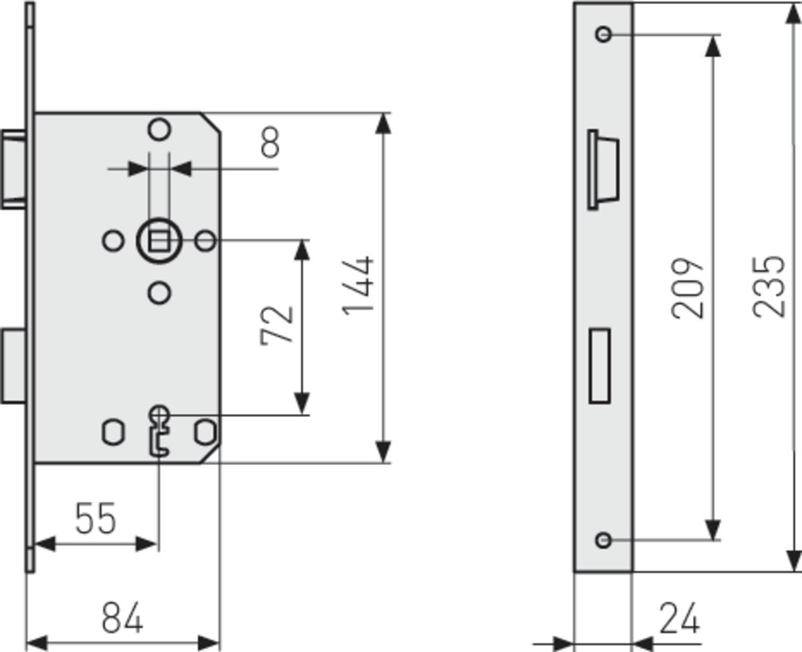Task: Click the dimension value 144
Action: click(358, 285)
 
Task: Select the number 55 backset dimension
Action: click(95, 519)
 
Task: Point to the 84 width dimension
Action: click(122, 618)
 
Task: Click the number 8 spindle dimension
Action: click(270, 142)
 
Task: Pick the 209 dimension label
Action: click(687, 289)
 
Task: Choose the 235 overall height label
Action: click(768, 286)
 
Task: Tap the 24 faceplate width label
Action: click(679, 618)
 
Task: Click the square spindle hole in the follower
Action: click(159, 241)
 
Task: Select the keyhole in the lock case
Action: click(160, 430)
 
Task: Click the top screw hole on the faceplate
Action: click(604, 34)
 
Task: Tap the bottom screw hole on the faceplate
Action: click(604, 540)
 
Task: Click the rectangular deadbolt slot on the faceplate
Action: click(599, 366)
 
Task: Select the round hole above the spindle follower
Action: click(160, 129)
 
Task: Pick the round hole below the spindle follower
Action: click(160, 293)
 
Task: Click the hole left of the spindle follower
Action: click(113, 241)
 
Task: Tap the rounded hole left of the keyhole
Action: click(114, 432)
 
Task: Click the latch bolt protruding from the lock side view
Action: click(14, 169)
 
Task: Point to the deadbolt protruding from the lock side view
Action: click(14, 366)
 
